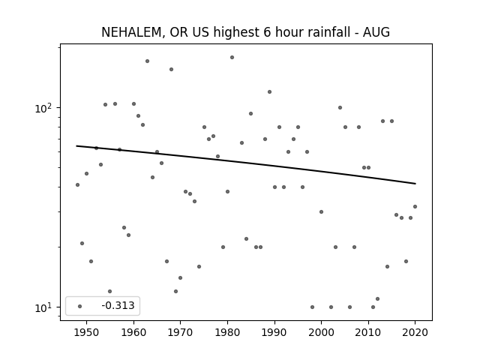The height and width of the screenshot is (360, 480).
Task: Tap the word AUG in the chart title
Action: point(376,32)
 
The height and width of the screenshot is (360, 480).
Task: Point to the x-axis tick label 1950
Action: point(87,332)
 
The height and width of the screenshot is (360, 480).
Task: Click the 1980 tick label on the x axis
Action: point(227,332)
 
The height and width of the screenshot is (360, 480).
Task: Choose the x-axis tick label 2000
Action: point(322,332)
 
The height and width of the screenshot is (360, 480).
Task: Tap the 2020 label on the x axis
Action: point(415,332)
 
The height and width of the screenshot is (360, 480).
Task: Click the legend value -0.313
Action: point(118,305)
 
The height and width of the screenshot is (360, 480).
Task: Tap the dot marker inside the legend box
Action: point(80,306)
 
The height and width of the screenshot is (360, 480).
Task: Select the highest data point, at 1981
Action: point(232,57)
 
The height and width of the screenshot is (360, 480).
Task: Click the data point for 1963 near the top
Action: point(147,61)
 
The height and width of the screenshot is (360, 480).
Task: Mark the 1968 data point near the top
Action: point(172,70)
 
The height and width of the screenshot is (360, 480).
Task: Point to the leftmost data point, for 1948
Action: point(77,185)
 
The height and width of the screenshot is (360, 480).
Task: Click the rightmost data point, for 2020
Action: point(415,207)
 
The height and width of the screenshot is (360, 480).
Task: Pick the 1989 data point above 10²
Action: point(270,91)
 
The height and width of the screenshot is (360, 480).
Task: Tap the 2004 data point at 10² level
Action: point(340,107)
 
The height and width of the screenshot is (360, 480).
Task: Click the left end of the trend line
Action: point(76,145)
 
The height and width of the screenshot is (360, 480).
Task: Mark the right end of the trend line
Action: point(415,184)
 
